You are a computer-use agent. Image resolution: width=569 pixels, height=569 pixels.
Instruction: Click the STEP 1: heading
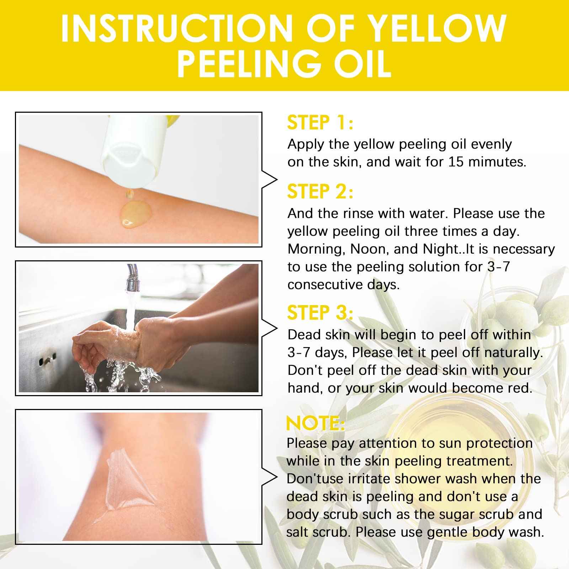(x=319, y=123)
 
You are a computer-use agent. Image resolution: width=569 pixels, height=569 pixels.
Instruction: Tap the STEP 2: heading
(x=320, y=192)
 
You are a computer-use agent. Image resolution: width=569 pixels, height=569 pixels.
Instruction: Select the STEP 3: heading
(x=320, y=313)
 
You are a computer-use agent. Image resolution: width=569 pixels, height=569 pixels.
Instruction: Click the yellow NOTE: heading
(x=315, y=424)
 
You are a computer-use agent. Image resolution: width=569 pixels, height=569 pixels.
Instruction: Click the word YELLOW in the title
(x=436, y=28)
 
